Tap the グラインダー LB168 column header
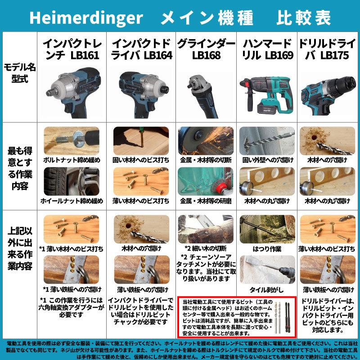pos(206,49)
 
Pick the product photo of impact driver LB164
pos(140,90)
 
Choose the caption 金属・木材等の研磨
pos(205,201)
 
